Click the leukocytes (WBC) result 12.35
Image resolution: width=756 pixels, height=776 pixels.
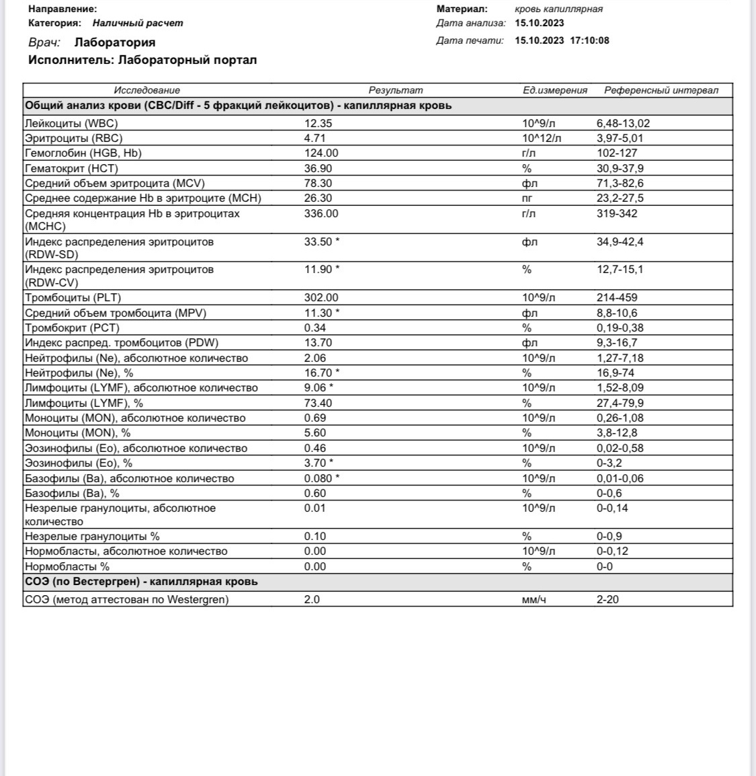pos(318,123)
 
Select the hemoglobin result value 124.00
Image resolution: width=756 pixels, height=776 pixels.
pos(321,153)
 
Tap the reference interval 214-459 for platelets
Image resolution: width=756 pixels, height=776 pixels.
pos(617,297)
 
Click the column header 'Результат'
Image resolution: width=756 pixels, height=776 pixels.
pos(395,90)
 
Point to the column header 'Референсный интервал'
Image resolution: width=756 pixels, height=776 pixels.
pos(661,90)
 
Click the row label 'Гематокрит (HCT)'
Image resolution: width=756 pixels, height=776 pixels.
pos(71,168)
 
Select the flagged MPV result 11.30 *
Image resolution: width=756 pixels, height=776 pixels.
pos(321,313)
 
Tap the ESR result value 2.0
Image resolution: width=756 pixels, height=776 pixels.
pos(312,599)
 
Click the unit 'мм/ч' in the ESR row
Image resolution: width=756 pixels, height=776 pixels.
pos(534,599)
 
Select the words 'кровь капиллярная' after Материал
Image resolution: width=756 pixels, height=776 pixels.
pos(558,9)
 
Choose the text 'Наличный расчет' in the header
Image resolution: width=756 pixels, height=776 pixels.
pos(138,23)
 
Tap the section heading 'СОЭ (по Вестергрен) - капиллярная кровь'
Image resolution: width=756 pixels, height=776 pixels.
pos(141,582)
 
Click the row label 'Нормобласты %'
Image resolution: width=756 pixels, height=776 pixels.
pos(67,566)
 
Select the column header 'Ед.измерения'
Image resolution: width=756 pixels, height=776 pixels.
pos(555,90)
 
